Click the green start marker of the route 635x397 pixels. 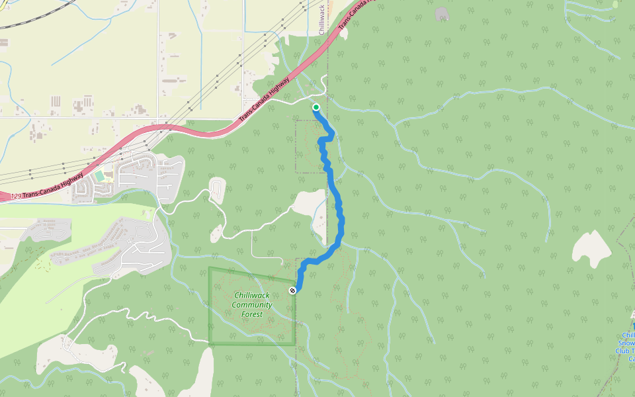click(x=316, y=107)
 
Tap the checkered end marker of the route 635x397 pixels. click(x=292, y=290)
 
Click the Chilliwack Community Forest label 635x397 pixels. click(x=251, y=304)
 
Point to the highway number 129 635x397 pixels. click(x=17, y=197)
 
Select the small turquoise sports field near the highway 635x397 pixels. click(x=99, y=176)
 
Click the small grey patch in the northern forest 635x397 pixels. click(x=442, y=13)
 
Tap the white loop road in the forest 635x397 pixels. click(x=217, y=191)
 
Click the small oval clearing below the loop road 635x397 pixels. click(x=216, y=233)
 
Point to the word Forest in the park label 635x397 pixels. click(x=251, y=314)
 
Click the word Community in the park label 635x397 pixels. click(x=251, y=305)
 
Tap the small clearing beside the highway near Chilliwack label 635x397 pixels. click(x=272, y=61)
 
